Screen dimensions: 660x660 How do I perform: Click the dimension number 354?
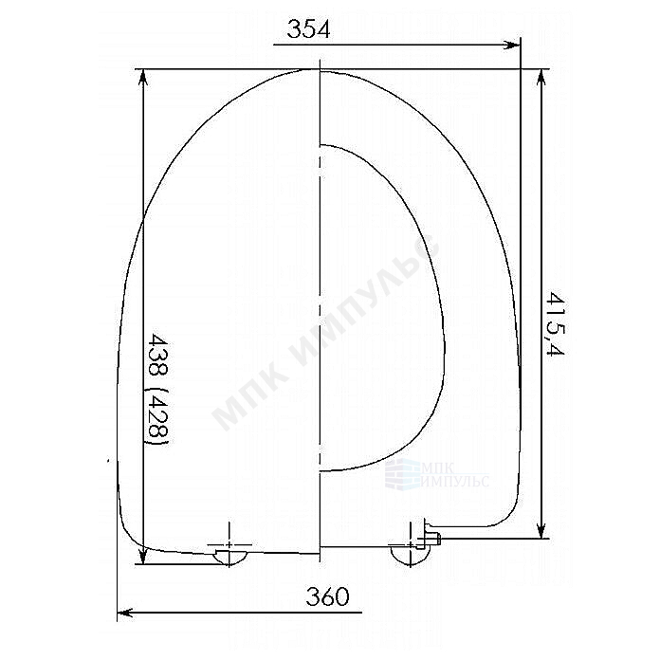[308, 29]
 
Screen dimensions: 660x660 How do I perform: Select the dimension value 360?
[327, 596]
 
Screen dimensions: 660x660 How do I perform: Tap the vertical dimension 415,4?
[555, 323]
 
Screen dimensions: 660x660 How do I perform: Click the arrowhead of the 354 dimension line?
[513, 45]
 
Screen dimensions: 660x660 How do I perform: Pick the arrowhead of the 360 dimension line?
[124, 613]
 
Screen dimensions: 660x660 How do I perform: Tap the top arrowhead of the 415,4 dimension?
[541, 78]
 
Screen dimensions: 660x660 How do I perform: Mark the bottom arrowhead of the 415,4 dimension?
[541, 529]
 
